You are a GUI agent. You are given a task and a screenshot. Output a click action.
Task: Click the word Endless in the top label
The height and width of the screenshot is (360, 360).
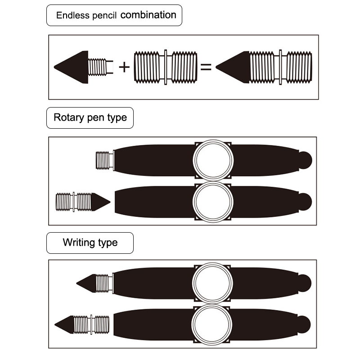pos(70,15)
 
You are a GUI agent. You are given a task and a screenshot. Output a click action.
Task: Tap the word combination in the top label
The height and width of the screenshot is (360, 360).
pos(148,15)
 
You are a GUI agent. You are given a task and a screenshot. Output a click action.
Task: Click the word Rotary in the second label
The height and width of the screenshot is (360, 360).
pos(68,118)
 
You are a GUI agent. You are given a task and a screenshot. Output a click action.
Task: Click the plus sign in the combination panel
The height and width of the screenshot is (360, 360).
pos(124,67)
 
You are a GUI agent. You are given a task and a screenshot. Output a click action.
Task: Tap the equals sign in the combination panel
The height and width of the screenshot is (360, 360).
pos(206,67)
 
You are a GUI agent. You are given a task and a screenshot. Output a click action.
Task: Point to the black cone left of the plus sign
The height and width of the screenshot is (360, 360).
pos(71,67)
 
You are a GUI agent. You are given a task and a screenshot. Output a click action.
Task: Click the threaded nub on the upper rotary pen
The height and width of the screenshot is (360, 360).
pos(104,160)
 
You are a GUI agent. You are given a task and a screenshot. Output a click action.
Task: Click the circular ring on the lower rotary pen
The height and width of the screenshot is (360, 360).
pos(213,201)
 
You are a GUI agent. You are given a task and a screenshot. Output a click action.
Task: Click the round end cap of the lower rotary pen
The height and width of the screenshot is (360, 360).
pos(305,201)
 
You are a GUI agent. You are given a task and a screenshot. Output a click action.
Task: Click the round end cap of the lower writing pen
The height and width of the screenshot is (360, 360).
pos(304,324)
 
